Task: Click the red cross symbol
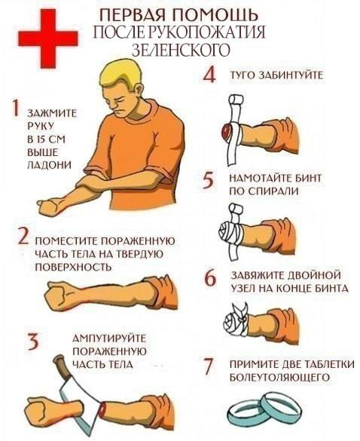pyautogui.click(x=48, y=38)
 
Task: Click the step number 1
pyautogui.click(x=16, y=108)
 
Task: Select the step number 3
pyautogui.click(x=33, y=341)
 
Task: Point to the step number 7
pyautogui.click(x=209, y=367)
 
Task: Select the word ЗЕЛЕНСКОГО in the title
pyautogui.click(x=182, y=49)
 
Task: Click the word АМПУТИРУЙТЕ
pyautogui.click(x=110, y=338)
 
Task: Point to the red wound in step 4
pyautogui.click(x=227, y=130)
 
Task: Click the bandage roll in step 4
pyautogui.click(x=236, y=100)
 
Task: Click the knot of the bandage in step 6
pyautogui.click(x=241, y=313)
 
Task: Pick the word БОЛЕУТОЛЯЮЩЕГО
pyautogui.click(x=279, y=377)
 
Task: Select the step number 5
pyautogui.click(x=209, y=181)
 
